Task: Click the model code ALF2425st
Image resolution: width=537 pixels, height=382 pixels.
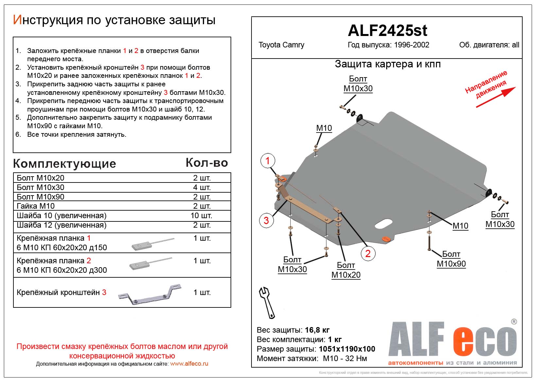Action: pos(387,30)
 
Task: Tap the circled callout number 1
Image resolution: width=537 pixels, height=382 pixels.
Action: pos(268,161)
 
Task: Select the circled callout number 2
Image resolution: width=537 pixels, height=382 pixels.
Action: pos(368,253)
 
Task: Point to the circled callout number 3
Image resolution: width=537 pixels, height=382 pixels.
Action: pos(266,220)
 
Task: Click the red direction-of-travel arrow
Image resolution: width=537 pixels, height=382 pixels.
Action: pos(496,97)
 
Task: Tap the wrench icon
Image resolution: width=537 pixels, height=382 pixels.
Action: pos(267,303)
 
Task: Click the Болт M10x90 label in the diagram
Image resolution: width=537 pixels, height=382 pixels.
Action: pos(451,259)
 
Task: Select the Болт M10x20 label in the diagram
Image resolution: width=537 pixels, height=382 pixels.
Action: pos(346,270)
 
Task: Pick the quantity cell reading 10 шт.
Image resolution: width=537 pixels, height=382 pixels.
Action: pos(201,216)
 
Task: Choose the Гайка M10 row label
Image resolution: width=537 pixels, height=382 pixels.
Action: pos(36,206)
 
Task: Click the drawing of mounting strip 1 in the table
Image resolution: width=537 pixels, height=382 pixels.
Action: pos(152,243)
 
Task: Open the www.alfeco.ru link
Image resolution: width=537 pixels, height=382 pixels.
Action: pos(189,364)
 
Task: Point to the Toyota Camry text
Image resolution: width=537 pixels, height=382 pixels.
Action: pos(281,45)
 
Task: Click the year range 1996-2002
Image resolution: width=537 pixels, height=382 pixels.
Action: pos(411,45)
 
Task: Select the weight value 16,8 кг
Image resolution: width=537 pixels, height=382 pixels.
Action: pos(317,330)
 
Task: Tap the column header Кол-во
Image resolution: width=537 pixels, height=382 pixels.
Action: pos(207,163)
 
